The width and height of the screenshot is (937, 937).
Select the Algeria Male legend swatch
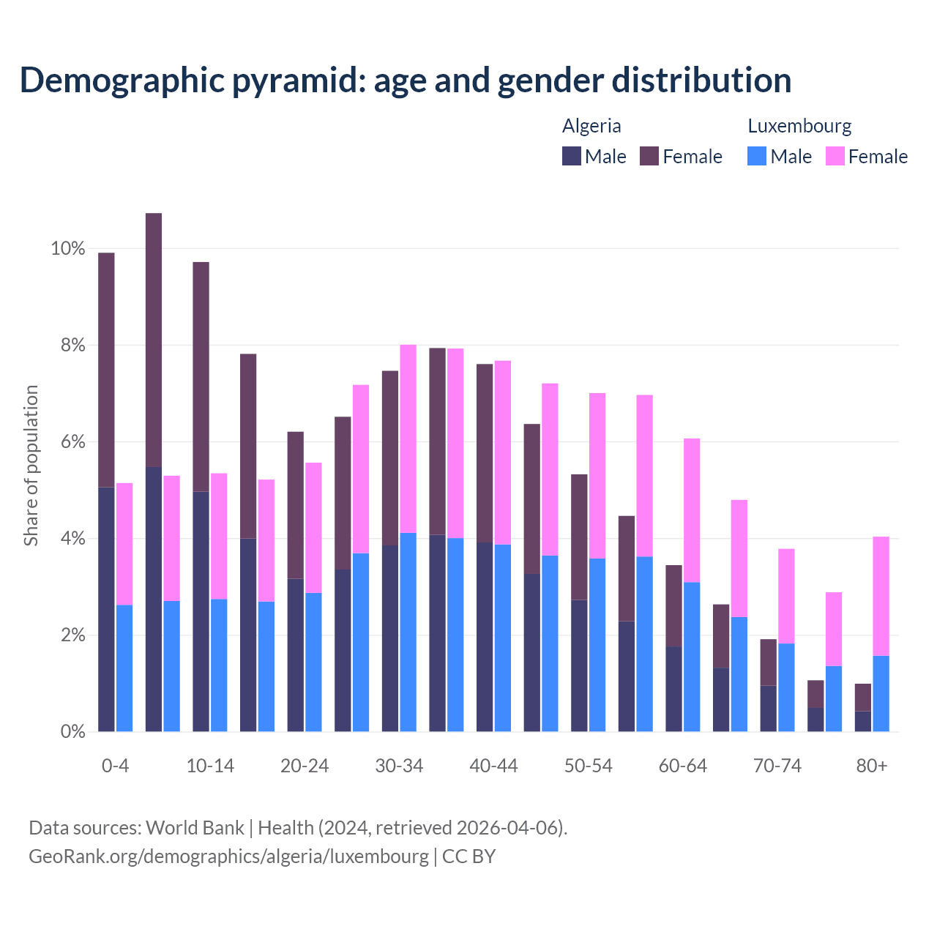(x=572, y=156)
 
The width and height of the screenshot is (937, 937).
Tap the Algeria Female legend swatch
(x=649, y=156)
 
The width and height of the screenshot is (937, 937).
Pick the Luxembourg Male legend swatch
(x=757, y=156)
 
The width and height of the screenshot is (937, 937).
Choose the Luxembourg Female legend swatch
(x=835, y=156)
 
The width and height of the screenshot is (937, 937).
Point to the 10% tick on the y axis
(x=67, y=249)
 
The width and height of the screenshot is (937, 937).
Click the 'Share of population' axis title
(x=31, y=466)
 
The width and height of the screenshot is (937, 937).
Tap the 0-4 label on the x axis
(x=115, y=766)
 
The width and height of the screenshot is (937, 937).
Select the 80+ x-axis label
(x=872, y=766)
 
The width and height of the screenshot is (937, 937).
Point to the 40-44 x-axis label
(x=493, y=766)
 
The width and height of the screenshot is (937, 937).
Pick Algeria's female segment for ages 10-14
(x=201, y=376)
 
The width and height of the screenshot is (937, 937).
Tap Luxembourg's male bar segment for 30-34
(x=408, y=632)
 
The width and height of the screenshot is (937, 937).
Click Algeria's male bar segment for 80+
(x=863, y=721)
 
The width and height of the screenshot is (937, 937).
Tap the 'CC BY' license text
(x=468, y=856)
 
